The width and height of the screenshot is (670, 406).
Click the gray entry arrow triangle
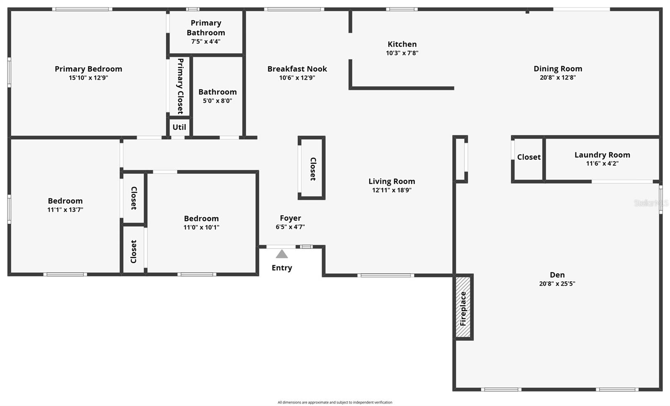(x=282, y=254)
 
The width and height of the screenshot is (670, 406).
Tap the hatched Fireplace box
(x=463, y=307)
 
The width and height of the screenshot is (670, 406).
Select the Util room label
(x=179, y=127)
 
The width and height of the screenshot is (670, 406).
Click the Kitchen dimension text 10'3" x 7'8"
(x=402, y=53)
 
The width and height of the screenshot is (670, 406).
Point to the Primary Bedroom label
(x=88, y=69)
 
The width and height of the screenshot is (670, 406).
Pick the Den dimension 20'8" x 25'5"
(x=557, y=283)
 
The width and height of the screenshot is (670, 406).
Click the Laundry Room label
(x=602, y=155)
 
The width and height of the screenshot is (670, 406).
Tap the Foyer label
(x=291, y=218)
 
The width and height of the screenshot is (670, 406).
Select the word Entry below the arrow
(x=282, y=268)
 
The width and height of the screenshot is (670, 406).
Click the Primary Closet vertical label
(x=180, y=86)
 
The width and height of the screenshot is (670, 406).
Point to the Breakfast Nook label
(x=297, y=69)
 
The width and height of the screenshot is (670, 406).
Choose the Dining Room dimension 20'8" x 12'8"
(x=558, y=77)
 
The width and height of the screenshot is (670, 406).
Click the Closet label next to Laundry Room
(x=529, y=157)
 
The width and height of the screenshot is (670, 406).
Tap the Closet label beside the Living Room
(x=313, y=169)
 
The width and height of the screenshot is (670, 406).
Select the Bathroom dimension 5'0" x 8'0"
(x=217, y=101)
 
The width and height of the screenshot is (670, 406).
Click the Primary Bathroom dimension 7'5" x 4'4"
(x=206, y=41)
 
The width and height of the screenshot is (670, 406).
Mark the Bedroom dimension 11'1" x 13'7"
(x=65, y=210)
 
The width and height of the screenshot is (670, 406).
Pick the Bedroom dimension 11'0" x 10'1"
(x=201, y=227)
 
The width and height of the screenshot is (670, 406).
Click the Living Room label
(x=392, y=181)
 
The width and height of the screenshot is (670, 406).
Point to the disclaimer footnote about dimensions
(x=335, y=402)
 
